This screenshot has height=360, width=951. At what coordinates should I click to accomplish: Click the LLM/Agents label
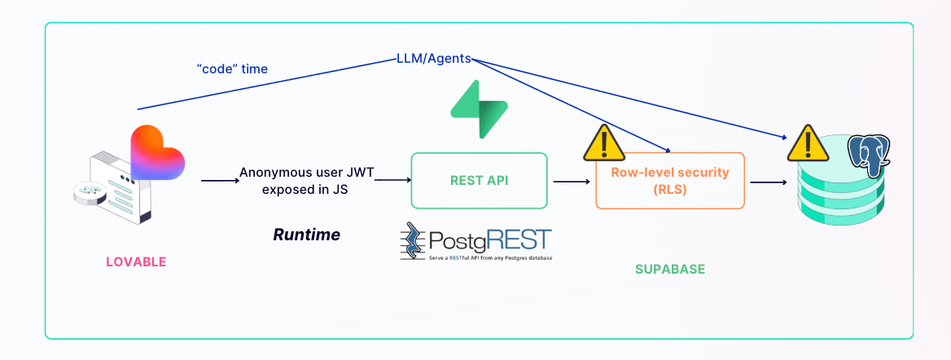pos(433,59)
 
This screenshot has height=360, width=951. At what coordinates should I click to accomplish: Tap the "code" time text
pos(232,69)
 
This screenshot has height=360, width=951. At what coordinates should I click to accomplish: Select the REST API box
pos(479,180)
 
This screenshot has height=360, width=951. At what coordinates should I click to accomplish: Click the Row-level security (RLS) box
pos(670,180)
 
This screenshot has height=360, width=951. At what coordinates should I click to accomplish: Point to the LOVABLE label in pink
pos(136,261)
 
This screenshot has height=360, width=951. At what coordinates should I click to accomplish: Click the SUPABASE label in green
pos(670,268)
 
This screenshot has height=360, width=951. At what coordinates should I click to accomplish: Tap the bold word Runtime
pos(306,235)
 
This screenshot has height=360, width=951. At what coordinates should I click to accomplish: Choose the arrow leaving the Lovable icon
pos(217,181)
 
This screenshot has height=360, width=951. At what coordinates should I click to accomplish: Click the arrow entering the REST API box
pos(393,181)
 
